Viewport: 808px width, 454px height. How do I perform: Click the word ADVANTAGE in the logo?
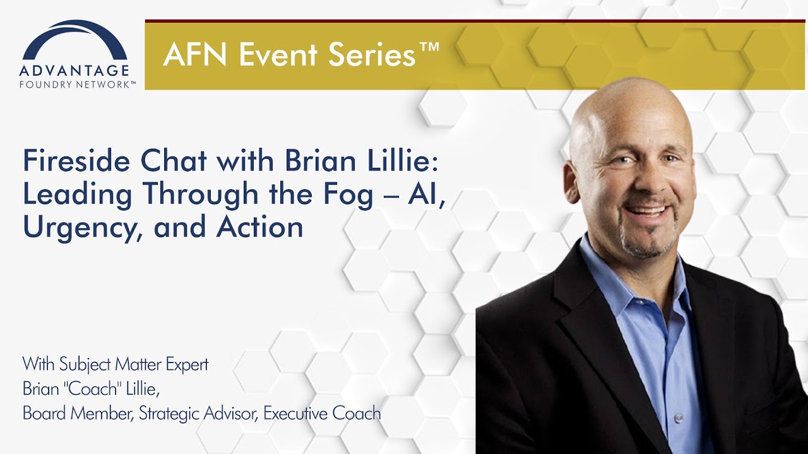click(x=74, y=70)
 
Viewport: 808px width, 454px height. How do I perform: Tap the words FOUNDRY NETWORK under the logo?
click(x=77, y=84)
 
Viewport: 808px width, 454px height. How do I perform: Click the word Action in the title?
click(x=260, y=228)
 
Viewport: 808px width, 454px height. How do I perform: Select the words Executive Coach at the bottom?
click(x=322, y=414)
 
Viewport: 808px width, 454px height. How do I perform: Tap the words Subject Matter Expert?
click(x=134, y=364)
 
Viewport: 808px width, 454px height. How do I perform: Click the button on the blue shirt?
click(x=679, y=418)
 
